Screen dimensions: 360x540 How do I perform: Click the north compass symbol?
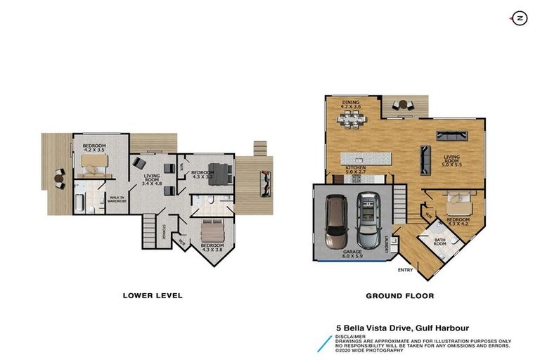pyautogui.click(x=520, y=18)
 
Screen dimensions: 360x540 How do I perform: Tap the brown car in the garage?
pyautogui.click(x=337, y=219)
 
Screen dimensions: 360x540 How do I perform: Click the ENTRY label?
pyautogui.click(x=406, y=269)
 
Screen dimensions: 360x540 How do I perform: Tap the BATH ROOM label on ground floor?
pyautogui.click(x=440, y=243)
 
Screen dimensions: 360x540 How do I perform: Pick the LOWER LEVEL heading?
pyautogui.click(x=153, y=296)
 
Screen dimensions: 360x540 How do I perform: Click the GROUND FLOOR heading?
pyautogui.click(x=399, y=296)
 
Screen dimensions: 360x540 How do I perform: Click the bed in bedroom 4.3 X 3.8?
pyautogui.click(x=212, y=230)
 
